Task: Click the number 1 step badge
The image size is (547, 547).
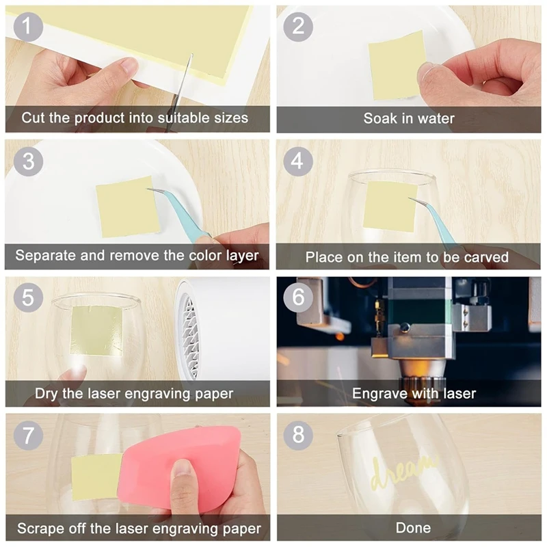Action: coord(28,27)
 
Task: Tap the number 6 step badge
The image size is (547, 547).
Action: coord(298,297)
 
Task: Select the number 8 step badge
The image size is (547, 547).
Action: coord(298,435)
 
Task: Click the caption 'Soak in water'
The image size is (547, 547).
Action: coord(409,118)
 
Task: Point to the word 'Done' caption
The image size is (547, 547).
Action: coord(413,527)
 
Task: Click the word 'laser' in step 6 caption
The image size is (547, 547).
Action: coord(459,394)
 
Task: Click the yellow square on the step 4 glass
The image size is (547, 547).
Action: coord(390,206)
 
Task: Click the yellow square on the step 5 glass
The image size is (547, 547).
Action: coord(96,330)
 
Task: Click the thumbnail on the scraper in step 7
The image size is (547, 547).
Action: coord(182,468)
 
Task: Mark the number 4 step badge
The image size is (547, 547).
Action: coord(297,161)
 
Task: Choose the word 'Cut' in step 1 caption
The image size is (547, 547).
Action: coord(34,118)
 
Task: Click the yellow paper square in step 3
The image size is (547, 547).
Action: coord(128,207)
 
